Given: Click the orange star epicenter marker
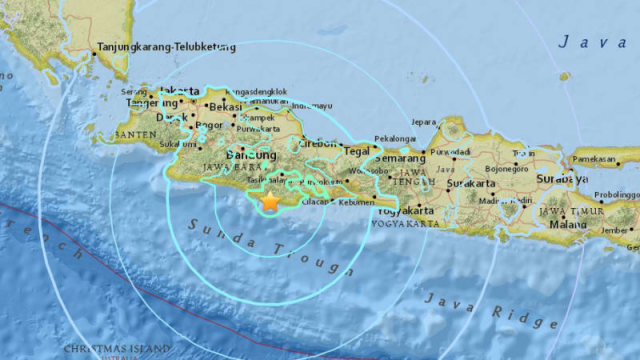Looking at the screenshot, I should coord(270,201).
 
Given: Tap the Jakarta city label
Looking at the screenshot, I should coord(180,91).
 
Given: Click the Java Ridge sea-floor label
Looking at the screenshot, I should coord(489,310).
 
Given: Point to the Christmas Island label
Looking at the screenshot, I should coord(111,349).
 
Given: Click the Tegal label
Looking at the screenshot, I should coord(356,152).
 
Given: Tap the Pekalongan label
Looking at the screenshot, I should coord(394,139).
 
